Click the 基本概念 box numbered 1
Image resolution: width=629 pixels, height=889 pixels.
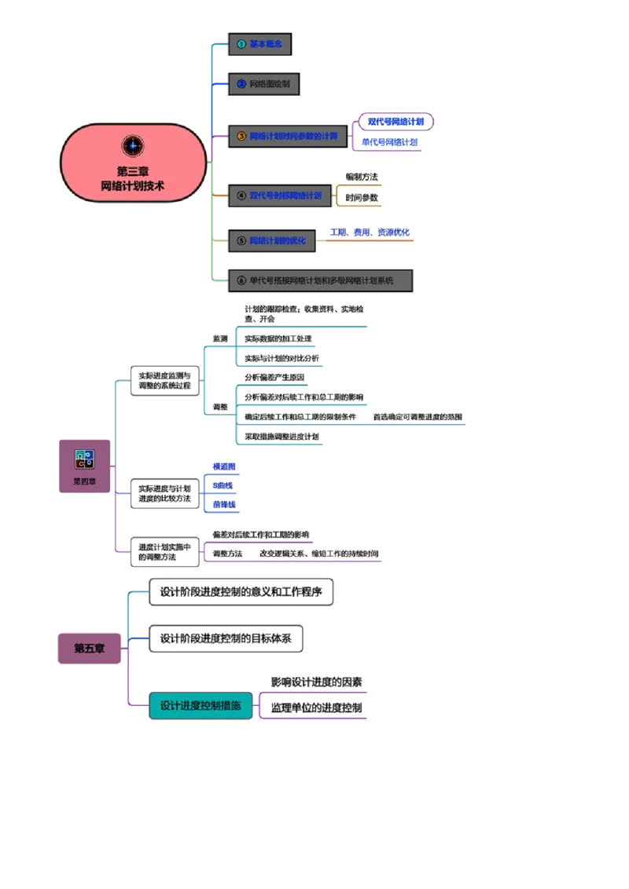pyautogui.click(x=261, y=44)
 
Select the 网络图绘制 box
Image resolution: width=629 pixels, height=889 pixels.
pyautogui.click(x=264, y=83)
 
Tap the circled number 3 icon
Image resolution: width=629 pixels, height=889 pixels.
pyautogui.click(x=241, y=136)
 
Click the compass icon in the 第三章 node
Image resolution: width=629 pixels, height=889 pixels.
pyautogui.click(x=133, y=145)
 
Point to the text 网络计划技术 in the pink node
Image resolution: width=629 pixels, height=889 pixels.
pyautogui.click(x=133, y=185)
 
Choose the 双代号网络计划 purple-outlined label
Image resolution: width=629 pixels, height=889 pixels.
pyautogui.click(x=398, y=122)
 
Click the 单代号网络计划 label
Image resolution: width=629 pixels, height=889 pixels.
pyautogui.click(x=389, y=142)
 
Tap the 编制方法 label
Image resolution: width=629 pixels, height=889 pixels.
pyautogui.click(x=362, y=177)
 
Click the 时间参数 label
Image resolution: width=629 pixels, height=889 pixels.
pyautogui.click(x=362, y=198)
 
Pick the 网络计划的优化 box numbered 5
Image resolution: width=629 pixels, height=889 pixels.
pyautogui.click(x=272, y=240)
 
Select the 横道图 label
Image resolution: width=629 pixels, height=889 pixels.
pyautogui.click(x=224, y=466)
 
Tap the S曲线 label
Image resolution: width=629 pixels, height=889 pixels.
pyautogui.click(x=223, y=485)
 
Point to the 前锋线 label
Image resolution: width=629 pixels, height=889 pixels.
pyautogui.click(x=224, y=504)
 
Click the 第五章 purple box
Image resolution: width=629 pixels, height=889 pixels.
pyautogui.click(x=90, y=649)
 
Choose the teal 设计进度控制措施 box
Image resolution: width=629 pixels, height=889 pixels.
pyautogui.click(x=200, y=706)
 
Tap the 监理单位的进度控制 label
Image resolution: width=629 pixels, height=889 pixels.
pyautogui.click(x=318, y=708)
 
